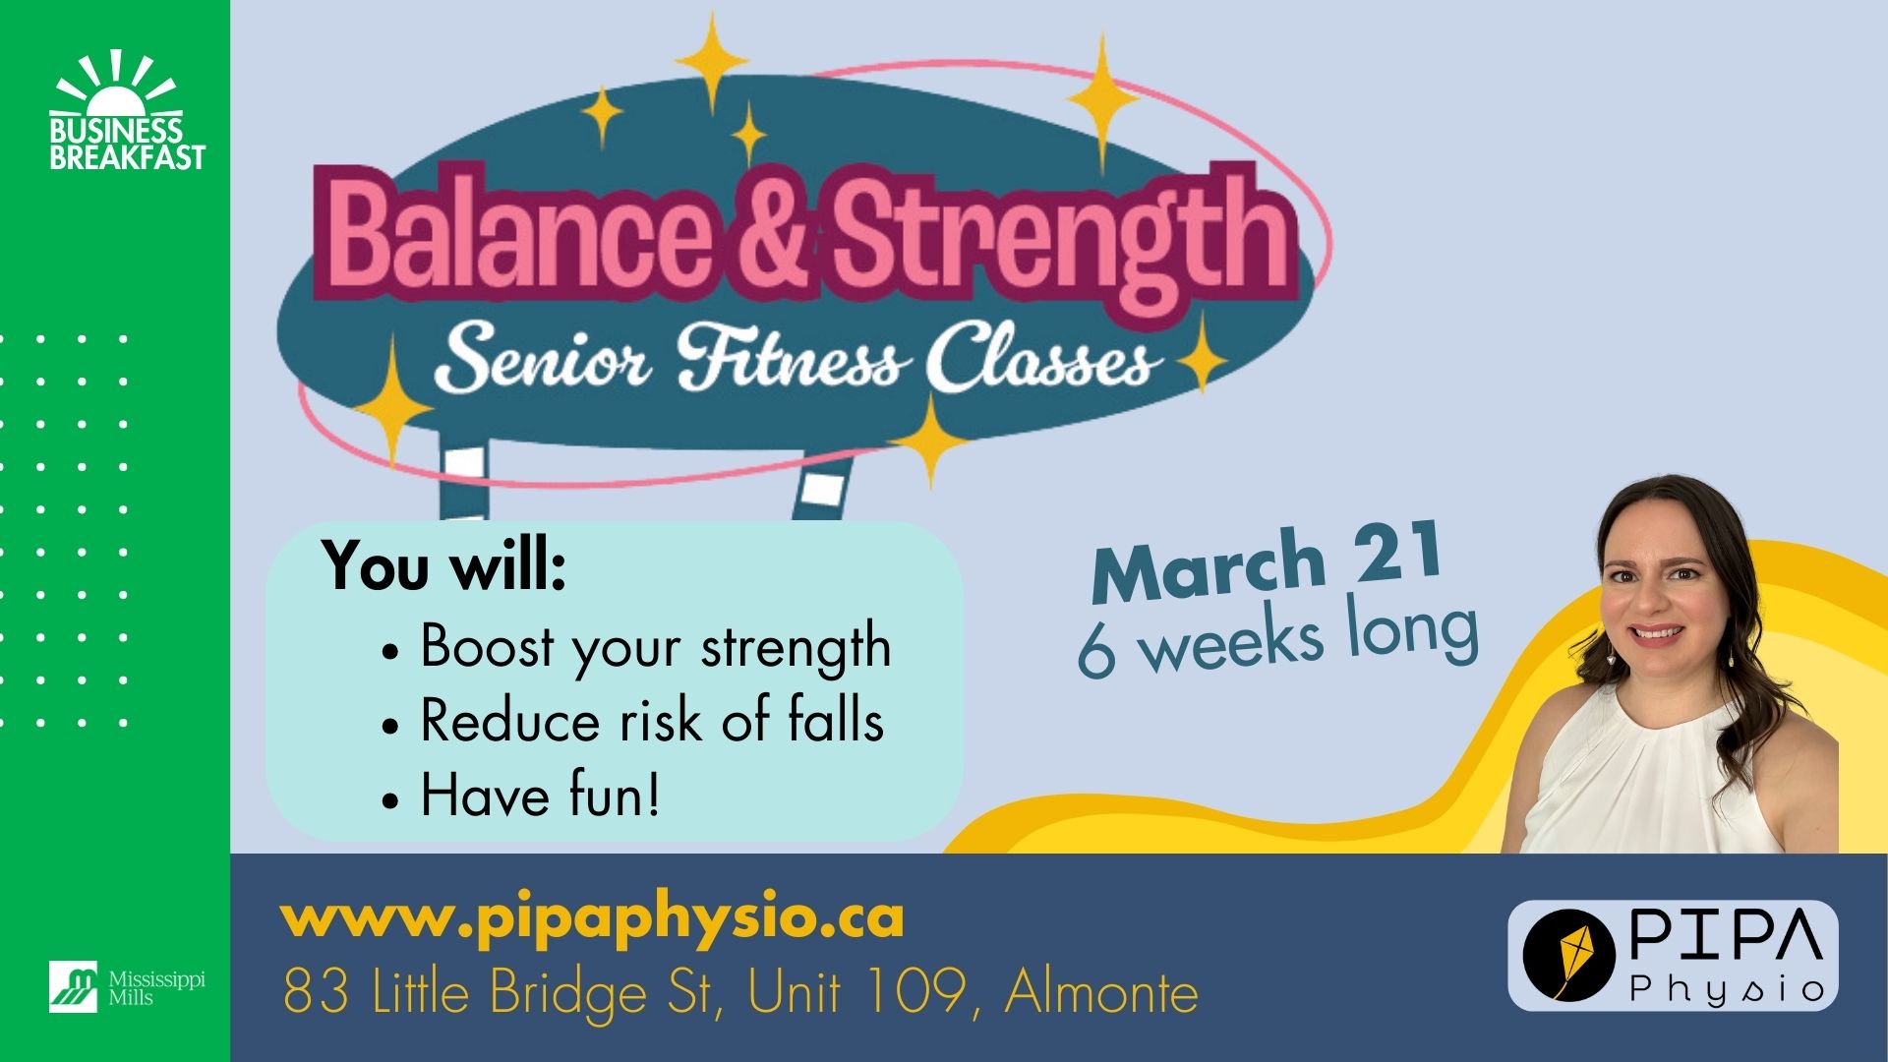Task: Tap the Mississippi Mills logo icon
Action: coord(74,986)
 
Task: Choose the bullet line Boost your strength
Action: coord(638,648)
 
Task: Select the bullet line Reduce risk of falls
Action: coord(634,721)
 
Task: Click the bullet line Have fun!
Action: coord(522,795)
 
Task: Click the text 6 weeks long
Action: coord(1278,637)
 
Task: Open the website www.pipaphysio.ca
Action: coord(592,918)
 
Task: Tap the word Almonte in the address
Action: coord(1101,991)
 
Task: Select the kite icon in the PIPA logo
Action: coord(1569,955)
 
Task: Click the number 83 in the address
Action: coord(316,991)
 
